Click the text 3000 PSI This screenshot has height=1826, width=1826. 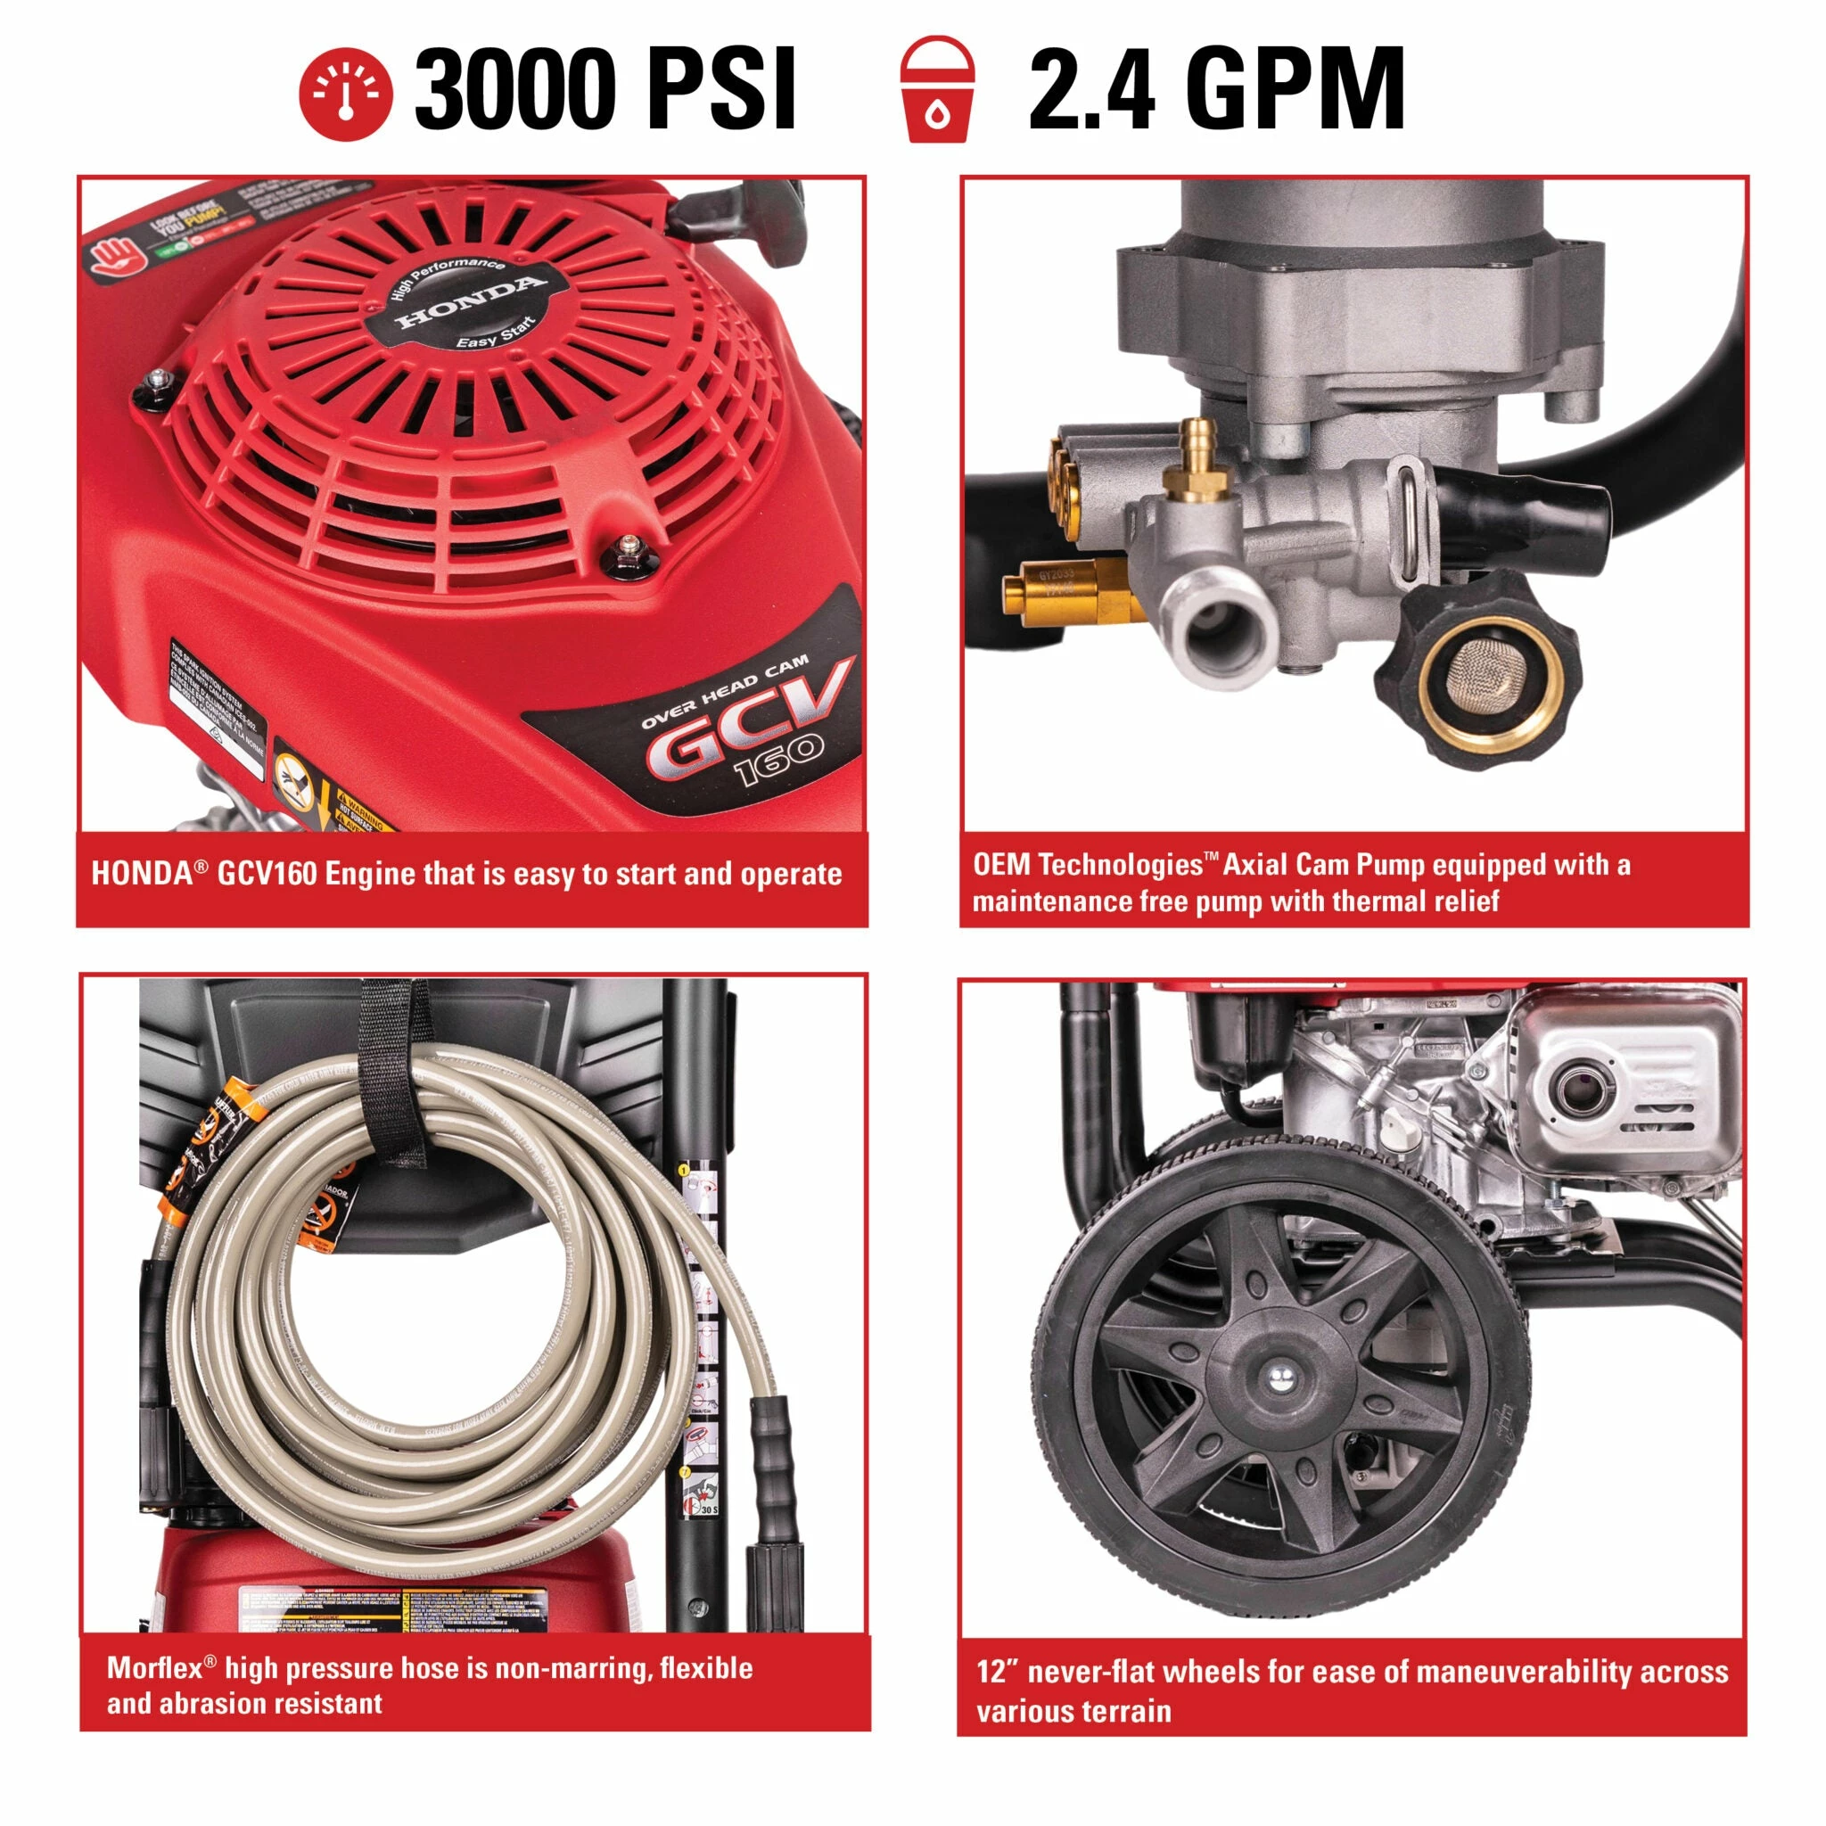(605, 90)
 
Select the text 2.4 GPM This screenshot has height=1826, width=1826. (1215, 90)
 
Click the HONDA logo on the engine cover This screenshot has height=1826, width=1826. (470, 302)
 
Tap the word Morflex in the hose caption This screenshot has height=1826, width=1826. (154, 1668)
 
